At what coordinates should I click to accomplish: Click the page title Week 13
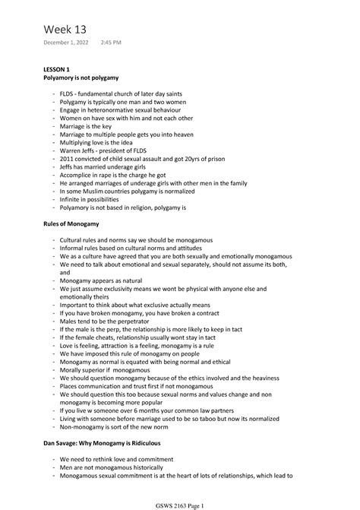pyautogui.click(x=65, y=29)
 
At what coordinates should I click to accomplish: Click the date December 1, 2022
pyautogui.click(x=65, y=43)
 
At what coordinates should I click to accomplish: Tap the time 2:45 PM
pyautogui.click(x=111, y=43)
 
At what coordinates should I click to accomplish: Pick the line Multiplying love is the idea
pyautogui.click(x=98, y=142)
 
